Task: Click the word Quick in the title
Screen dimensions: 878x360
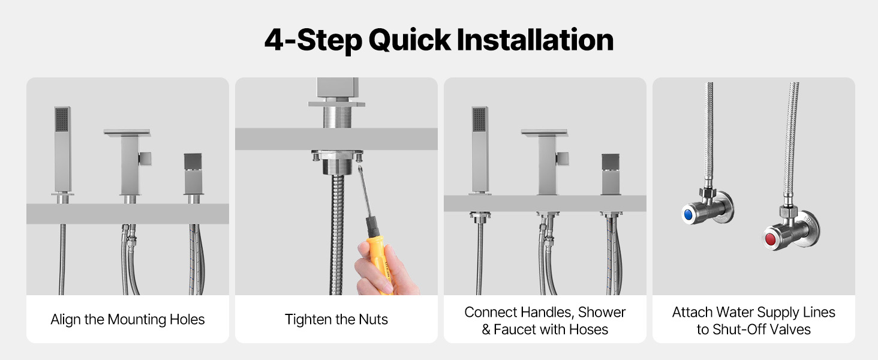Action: tap(410, 40)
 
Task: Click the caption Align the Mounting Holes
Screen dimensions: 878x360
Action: tap(127, 319)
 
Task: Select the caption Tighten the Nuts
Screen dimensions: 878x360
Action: tap(336, 319)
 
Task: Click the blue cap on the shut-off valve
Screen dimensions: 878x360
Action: tap(687, 215)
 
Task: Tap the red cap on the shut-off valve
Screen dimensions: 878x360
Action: tap(770, 239)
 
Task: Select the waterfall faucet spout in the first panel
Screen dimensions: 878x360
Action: tap(127, 132)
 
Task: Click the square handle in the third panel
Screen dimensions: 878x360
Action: tap(611, 174)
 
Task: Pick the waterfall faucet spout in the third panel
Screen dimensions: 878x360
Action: tap(544, 132)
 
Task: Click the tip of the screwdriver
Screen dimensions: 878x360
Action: tap(359, 167)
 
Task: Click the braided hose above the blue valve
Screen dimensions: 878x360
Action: tap(708, 133)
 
